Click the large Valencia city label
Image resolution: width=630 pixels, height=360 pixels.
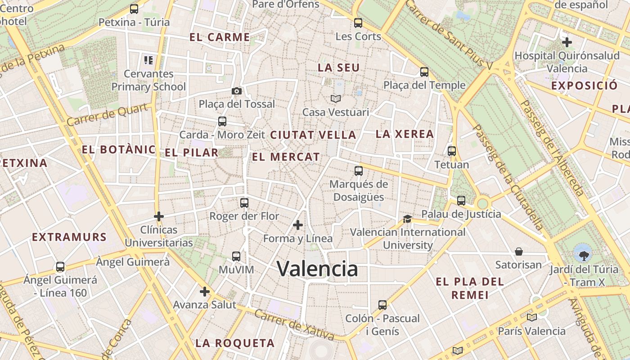coord(317,269)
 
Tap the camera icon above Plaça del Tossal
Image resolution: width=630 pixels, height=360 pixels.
coord(237,91)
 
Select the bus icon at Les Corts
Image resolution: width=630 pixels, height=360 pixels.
coord(358,23)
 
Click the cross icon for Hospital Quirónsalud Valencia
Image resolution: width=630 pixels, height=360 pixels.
coord(567,43)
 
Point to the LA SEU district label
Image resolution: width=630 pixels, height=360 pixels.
coord(339,68)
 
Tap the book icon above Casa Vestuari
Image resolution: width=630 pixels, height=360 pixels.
coord(336,99)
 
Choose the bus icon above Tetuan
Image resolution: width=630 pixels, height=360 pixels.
coord(452,151)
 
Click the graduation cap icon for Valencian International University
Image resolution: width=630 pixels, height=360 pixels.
coord(407,219)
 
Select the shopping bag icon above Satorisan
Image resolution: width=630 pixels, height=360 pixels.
coord(519,251)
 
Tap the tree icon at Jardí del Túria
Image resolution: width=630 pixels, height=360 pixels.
coord(584,253)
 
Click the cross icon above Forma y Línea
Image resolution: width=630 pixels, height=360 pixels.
coord(298,225)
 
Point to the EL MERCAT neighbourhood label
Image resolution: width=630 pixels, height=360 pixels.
coord(286,157)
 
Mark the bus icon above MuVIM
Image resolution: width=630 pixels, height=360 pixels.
coord(236,256)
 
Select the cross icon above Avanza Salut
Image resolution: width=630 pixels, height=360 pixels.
coord(205,292)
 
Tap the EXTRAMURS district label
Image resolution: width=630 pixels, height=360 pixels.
coord(69,237)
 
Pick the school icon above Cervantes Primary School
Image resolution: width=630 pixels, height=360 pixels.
coord(148,60)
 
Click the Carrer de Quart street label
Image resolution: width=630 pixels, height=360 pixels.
coord(107,115)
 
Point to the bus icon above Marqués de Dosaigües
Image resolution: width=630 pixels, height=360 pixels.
coord(359,171)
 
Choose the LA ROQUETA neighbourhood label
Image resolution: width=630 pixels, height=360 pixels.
coord(235,343)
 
